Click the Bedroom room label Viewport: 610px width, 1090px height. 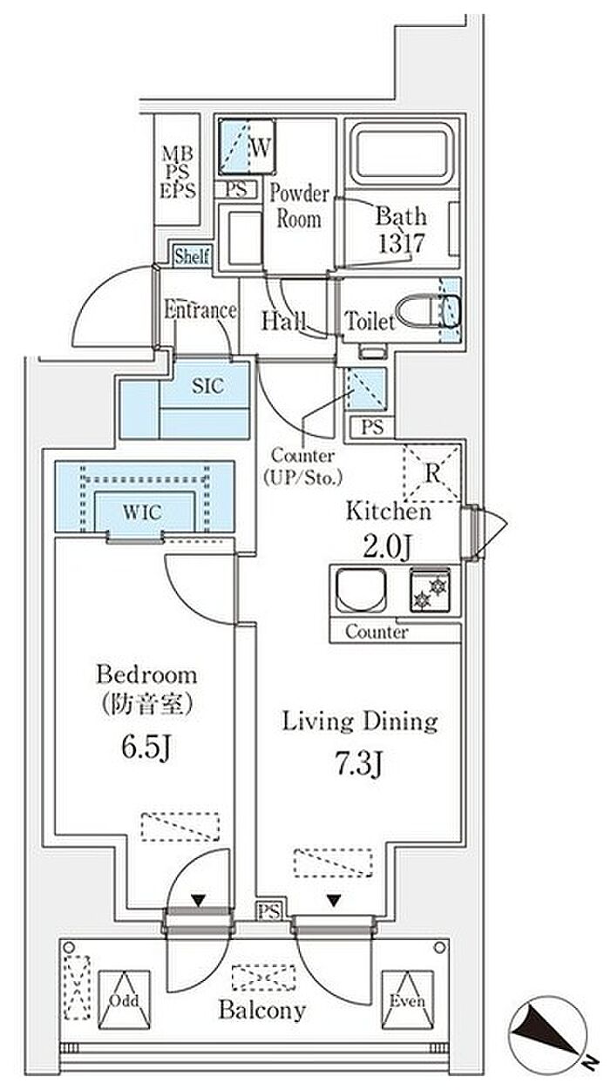[x=146, y=674]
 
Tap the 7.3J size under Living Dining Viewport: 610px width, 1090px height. [x=357, y=765]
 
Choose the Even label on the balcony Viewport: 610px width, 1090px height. [x=406, y=1000]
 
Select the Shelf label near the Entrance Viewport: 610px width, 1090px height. [x=192, y=256]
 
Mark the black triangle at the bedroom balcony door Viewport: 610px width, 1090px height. [x=199, y=900]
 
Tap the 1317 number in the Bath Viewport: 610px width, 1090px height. [x=400, y=243]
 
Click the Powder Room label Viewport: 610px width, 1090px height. [x=298, y=206]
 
